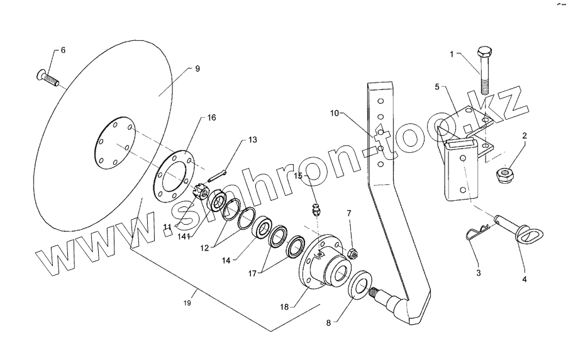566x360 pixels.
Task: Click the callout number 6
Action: click(62, 50)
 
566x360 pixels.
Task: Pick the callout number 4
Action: click(524, 278)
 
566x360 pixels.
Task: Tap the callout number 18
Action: click(285, 307)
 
